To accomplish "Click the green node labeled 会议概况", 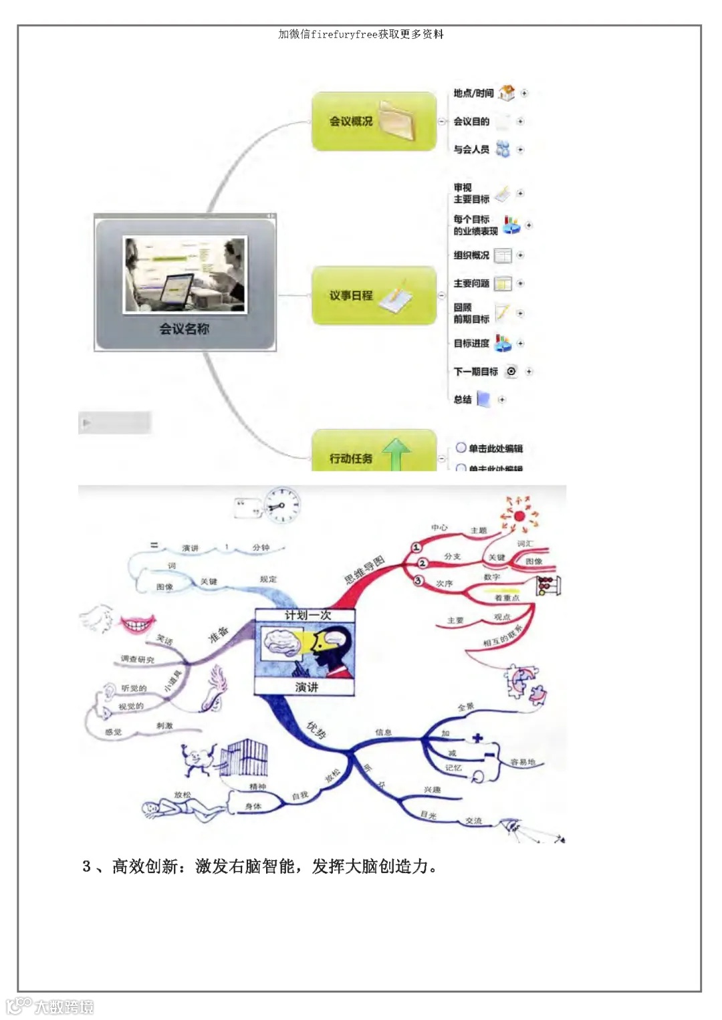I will click(x=373, y=122).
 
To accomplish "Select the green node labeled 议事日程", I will click(x=373, y=295).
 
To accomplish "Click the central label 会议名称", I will click(x=184, y=329).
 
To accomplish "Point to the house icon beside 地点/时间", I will click(x=507, y=93).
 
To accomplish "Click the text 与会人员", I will click(x=471, y=150).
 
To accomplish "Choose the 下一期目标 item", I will click(x=475, y=372).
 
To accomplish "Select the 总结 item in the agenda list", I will click(x=463, y=400).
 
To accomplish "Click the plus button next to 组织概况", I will click(x=520, y=255).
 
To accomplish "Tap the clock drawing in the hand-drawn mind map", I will click(x=281, y=505).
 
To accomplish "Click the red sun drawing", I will click(x=519, y=515).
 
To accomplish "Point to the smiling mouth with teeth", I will click(x=138, y=625).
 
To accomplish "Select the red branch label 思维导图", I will click(x=364, y=569).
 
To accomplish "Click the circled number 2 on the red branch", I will click(x=422, y=563).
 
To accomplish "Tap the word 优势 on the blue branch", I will click(x=316, y=730).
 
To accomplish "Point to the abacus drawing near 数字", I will click(x=548, y=586).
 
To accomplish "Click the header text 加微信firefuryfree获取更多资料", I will click(x=361, y=35).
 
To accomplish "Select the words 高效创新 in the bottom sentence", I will click(x=145, y=867).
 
